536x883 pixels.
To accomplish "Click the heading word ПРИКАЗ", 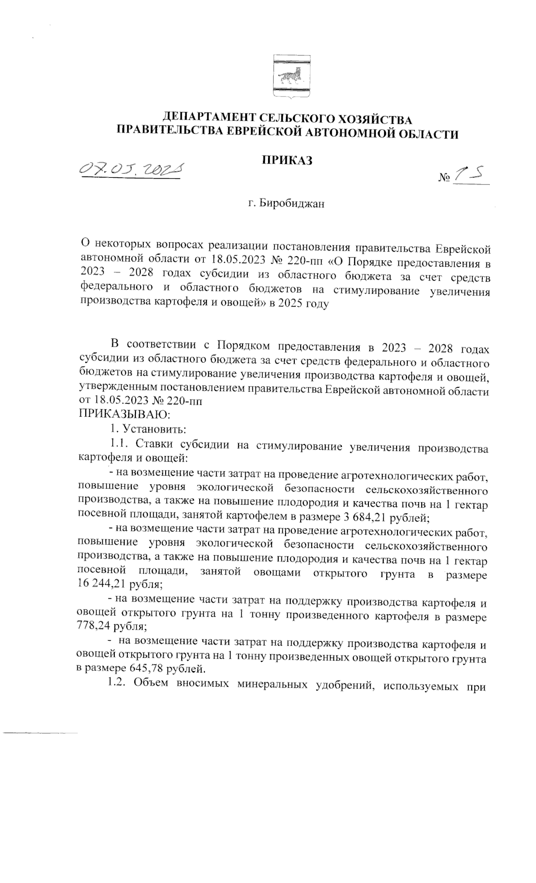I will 287,160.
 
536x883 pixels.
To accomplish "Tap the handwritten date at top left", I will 132,168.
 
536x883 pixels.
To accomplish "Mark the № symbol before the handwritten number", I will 444,178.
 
